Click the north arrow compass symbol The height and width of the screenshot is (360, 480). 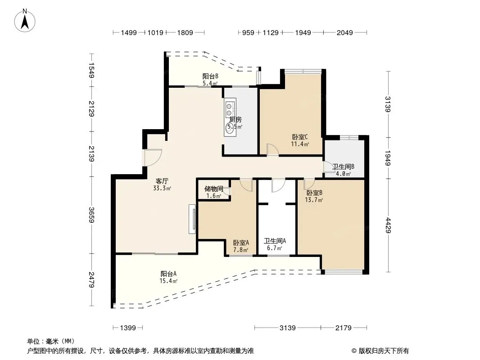25,21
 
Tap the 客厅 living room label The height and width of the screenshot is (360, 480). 162,181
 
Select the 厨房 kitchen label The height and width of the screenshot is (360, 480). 235,120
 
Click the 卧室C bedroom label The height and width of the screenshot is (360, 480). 300,137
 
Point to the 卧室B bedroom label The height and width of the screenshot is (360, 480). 314,193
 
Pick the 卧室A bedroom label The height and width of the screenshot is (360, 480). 241,243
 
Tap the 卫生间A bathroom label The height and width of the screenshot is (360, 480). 275,241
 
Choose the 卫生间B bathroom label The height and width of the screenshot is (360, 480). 344,166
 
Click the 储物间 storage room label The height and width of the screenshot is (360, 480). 214,189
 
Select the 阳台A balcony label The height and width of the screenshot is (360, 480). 168,274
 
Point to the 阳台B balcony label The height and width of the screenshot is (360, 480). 210,76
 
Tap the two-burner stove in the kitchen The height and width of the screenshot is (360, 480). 229,109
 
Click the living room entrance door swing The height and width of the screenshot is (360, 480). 153,157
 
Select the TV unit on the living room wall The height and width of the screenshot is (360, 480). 192,219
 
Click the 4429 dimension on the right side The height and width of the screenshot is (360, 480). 388,225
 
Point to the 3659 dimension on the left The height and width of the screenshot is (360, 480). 91,215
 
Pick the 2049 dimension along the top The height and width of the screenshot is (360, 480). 345,32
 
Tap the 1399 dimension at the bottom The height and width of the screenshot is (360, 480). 127,328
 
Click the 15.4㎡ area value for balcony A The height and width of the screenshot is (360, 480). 168,281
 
